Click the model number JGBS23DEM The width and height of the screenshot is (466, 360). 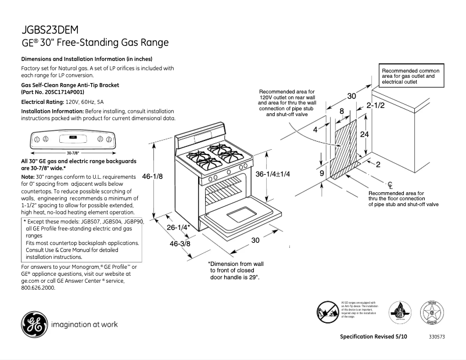(x=50, y=30)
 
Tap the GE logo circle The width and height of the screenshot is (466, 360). (x=34, y=324)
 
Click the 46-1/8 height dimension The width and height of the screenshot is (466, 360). (x=152, y=176)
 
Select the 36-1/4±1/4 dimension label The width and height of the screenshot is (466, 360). (x=273, y=174)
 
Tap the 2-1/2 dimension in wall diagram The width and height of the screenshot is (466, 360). (x=376, y=106)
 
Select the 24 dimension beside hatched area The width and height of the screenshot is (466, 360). (x=364, y=134)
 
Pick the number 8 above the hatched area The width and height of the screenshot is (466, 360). (x=342, y=111)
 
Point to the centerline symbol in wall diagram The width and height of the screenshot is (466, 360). (x=390, y=185)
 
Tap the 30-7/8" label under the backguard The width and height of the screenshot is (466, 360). (x=72, y=153)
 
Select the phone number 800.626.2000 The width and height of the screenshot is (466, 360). (x=38, y=287)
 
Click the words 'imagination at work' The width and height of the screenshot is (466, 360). (x=85, y=324)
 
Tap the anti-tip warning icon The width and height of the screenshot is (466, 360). (x=328, y=311)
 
